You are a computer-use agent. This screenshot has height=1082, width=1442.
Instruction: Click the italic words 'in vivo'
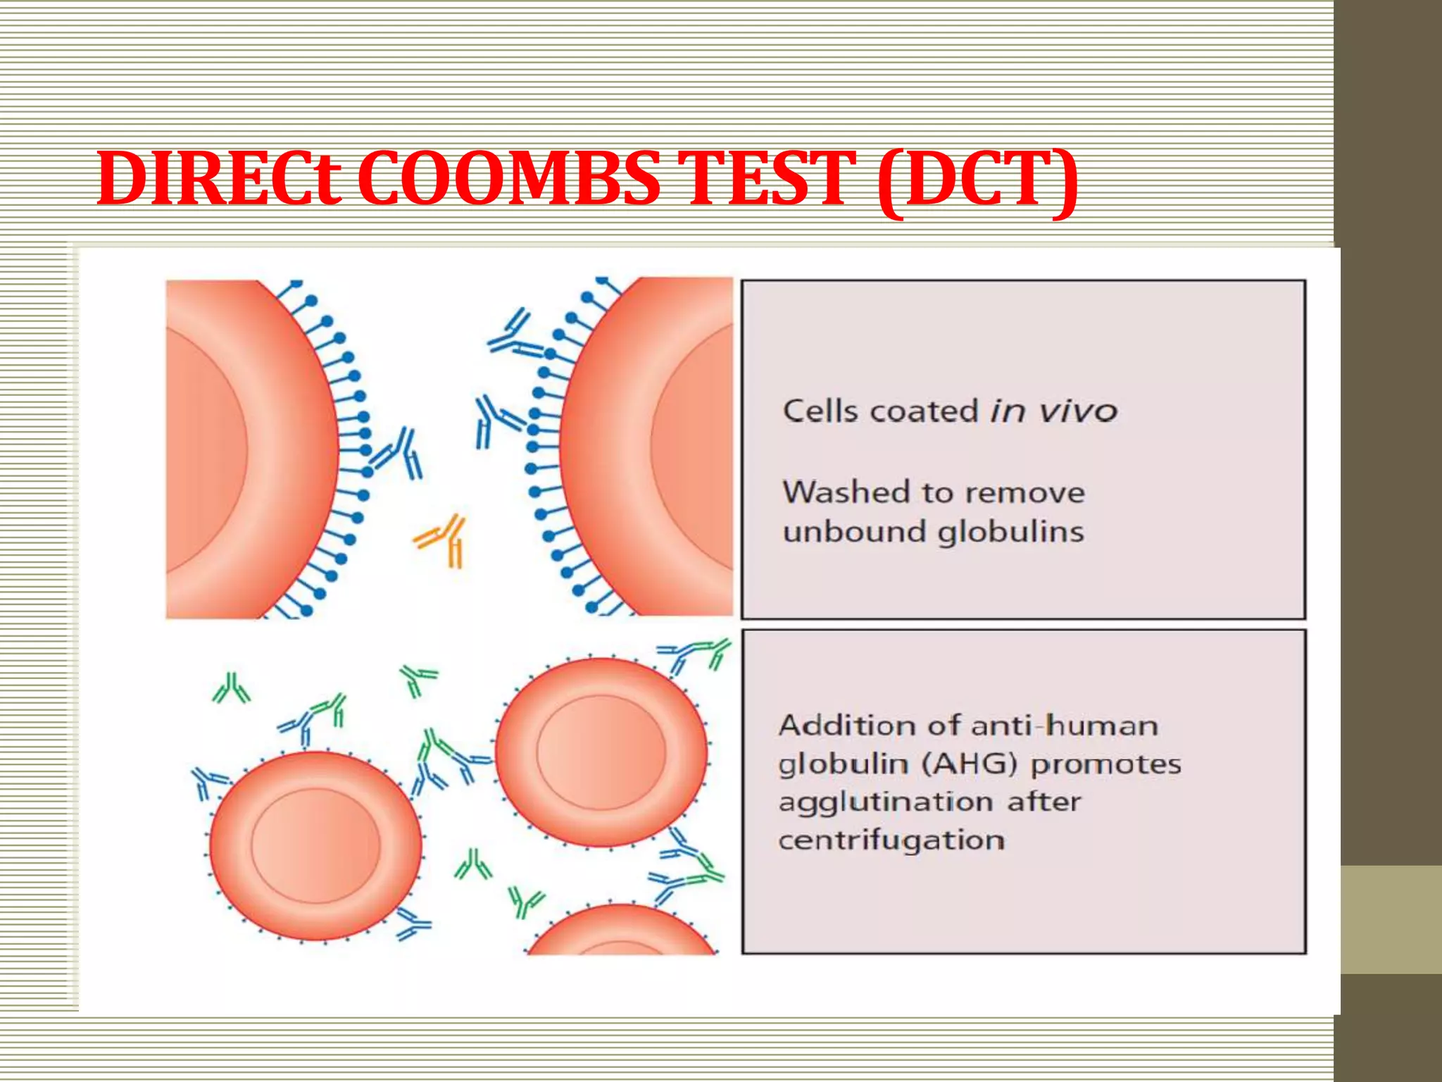pyautogui.click(x=1053, y=411)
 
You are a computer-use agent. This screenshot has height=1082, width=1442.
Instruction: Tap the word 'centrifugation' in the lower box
pyautogui.click(x=891, y=840)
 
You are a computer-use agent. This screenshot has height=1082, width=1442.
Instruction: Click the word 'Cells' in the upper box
pyautogui.click(x=820, y=411)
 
